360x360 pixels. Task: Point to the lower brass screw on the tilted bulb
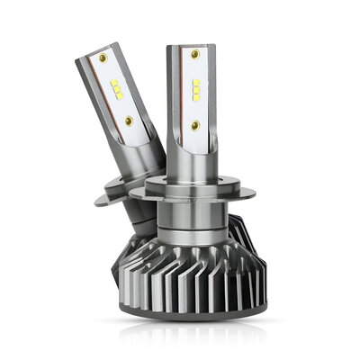coord(130,119)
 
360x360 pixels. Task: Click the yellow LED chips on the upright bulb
coord(195,90)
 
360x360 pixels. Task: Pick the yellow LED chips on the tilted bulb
coord(116,88)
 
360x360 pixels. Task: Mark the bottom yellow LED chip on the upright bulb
coord(195,97)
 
